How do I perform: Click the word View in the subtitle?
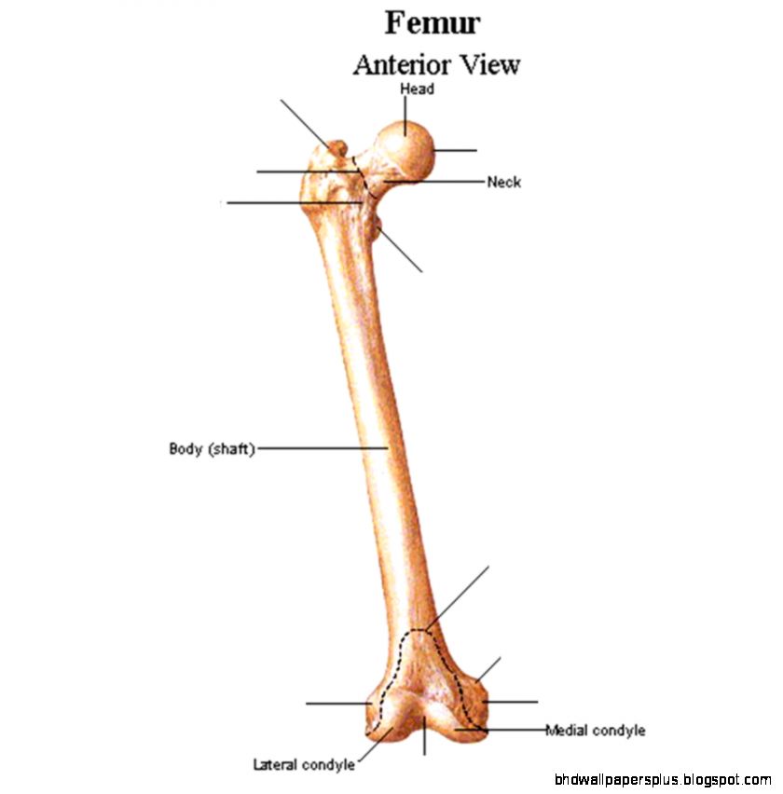pos(488,65)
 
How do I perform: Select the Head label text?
pos(417,89)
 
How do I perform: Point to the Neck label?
pos(503,182)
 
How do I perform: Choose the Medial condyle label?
pos(595,731)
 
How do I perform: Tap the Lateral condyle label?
pos(304,765)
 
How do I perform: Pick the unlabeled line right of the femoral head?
pos(455,149)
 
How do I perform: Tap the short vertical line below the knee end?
pos(425,740)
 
